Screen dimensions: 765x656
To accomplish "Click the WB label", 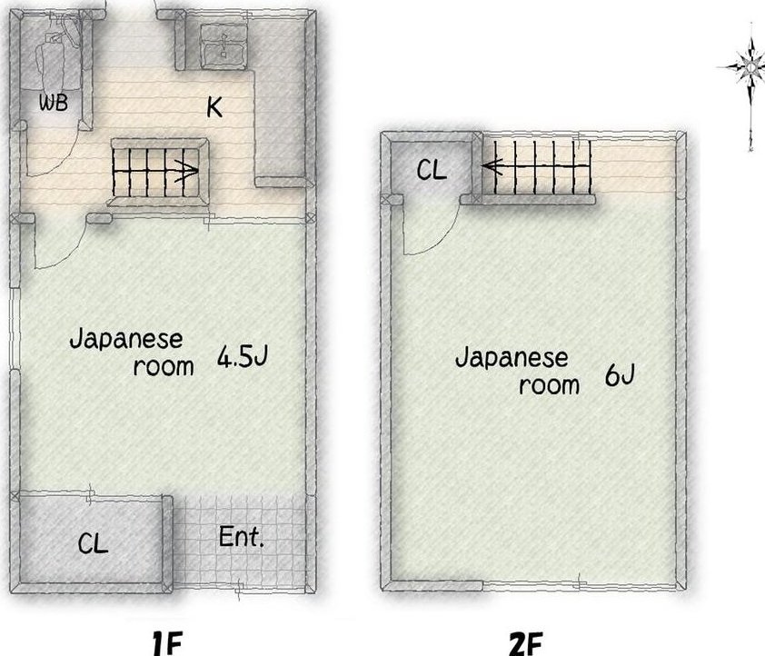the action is point(54,103).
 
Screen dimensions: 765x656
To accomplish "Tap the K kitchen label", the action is point(214,107).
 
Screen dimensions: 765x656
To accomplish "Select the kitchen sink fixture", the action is point(224,46).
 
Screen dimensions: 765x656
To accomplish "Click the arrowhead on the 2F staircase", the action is point(492,166).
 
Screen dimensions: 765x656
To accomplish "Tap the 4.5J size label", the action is point(243,356).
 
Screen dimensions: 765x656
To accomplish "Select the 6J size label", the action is point(620,375).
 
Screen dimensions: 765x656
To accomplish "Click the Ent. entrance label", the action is point(241,537).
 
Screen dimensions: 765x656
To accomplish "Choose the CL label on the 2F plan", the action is point(432,170).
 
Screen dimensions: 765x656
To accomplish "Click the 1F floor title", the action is point(167,643).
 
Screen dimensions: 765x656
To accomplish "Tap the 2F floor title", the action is point(526,644).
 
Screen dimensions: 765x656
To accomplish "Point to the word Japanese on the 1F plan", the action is point(126,340).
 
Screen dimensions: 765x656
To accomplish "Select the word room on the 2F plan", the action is point(549,385).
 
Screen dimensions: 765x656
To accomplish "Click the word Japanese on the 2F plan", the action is point(512,359).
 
